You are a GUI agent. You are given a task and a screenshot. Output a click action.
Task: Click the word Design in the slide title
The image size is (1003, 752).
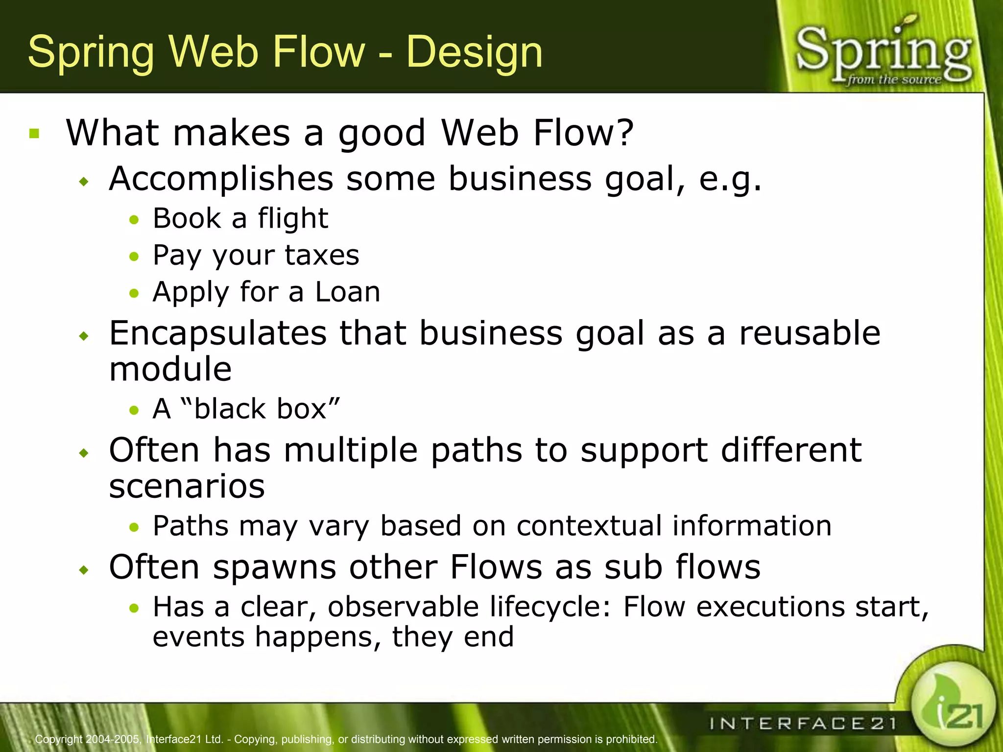474,52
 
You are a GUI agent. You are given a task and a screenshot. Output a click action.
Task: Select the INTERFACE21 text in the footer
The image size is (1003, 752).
803,723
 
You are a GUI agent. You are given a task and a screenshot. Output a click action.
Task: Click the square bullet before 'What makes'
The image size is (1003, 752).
34,133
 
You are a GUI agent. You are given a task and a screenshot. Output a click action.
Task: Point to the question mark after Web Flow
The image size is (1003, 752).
624,133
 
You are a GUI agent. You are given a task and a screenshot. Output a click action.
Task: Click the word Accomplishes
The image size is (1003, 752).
221,179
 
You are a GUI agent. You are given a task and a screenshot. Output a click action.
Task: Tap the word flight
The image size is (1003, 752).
293,218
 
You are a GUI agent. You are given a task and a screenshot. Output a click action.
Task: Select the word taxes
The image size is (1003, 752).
322,255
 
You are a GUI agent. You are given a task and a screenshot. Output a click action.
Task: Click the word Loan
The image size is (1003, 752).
347,292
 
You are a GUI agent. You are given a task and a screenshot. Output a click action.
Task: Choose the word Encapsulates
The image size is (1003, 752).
217,333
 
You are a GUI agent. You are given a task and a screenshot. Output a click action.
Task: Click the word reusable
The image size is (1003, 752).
809,333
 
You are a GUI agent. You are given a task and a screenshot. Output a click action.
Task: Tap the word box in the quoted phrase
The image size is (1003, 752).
302,409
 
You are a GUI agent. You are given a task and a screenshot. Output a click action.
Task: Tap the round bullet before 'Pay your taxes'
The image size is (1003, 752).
134,256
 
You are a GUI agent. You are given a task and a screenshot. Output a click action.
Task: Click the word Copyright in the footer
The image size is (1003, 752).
59,739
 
